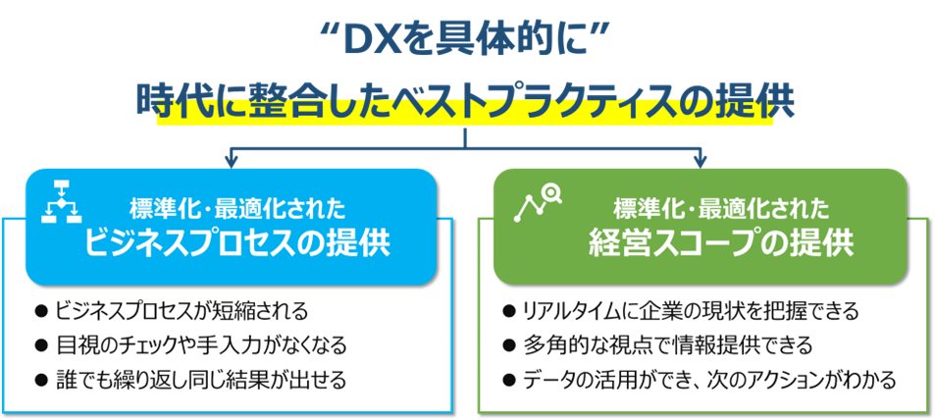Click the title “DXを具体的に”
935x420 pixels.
[x=466, y=40]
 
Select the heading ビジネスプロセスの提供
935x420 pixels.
[x=237, y=241]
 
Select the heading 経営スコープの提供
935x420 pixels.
[x=721, y=241]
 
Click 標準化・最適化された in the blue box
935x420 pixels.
[x=237, y=208]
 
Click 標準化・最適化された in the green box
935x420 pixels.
[x=721, y=208]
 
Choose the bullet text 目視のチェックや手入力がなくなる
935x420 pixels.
[x=202, y=345]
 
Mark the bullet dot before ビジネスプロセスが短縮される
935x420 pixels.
[x=41, y=312]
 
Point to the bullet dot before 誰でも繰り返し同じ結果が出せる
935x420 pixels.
[x=41, y=379]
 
